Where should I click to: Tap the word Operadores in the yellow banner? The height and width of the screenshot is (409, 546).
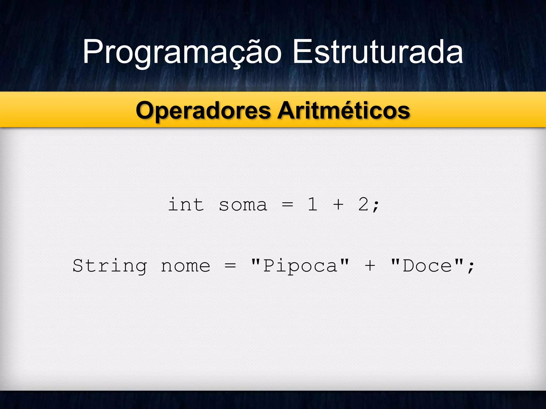coord(203,111)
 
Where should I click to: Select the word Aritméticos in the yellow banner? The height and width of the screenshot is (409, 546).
coord(343,111)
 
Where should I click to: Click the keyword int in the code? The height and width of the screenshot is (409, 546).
coord(186,205)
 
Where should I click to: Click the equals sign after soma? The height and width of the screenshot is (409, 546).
coord(287,205)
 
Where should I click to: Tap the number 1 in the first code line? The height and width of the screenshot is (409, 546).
coord(312,204)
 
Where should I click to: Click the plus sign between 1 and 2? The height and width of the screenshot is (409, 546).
coord(338,204)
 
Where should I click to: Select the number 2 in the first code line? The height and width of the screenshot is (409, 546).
coord(363,204)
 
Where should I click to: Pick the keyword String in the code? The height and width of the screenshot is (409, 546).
coord(110,266)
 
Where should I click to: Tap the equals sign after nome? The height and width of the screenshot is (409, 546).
coord(230,266)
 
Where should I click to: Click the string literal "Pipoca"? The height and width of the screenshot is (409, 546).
coord(300,266)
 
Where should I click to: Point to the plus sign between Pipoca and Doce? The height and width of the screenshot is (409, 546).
coord(370,266)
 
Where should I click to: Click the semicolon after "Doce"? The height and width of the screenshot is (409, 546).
coord(471,267)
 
